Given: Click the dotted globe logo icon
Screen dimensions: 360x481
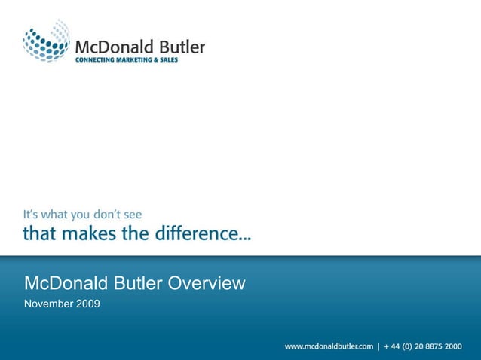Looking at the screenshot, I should tap(46, 41).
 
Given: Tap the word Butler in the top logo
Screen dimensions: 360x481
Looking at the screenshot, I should tap(179, 47).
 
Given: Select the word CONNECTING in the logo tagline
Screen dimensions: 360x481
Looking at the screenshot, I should tap(96, 60).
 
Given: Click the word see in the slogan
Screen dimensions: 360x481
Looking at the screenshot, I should tap(131, 215).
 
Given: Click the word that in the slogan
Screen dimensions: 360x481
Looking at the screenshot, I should tap(38, 233).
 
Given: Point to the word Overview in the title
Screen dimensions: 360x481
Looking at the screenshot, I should tap(207, 284).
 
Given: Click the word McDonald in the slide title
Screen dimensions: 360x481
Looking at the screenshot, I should tap(66, 284).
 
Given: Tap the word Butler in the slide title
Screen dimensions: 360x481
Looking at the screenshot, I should tap(138, 284).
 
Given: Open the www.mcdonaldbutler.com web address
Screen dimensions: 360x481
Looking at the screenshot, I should tap(329, 346).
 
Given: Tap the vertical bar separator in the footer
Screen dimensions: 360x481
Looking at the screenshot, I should tap(378, 346).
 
